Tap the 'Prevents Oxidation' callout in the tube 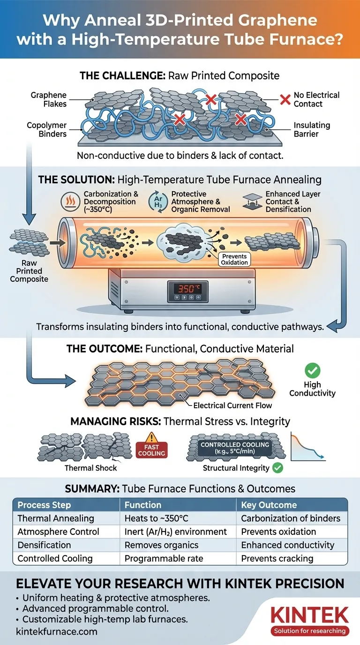click(234, 259)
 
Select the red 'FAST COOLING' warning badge click(152, 450)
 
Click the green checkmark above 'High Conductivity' click(312, 371)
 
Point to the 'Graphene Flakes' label click(48, 99)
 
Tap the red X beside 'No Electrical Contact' click(285, 99)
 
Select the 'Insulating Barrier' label click(312, 130)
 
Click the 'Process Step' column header click(44, 505)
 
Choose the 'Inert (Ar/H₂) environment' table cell click(175, 532)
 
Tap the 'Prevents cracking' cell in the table click(277, 558)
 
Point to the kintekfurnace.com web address click(57, 631)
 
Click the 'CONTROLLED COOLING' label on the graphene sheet click(228, 444)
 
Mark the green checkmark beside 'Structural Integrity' click(277, 467)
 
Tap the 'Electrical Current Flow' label click(232, 405)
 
